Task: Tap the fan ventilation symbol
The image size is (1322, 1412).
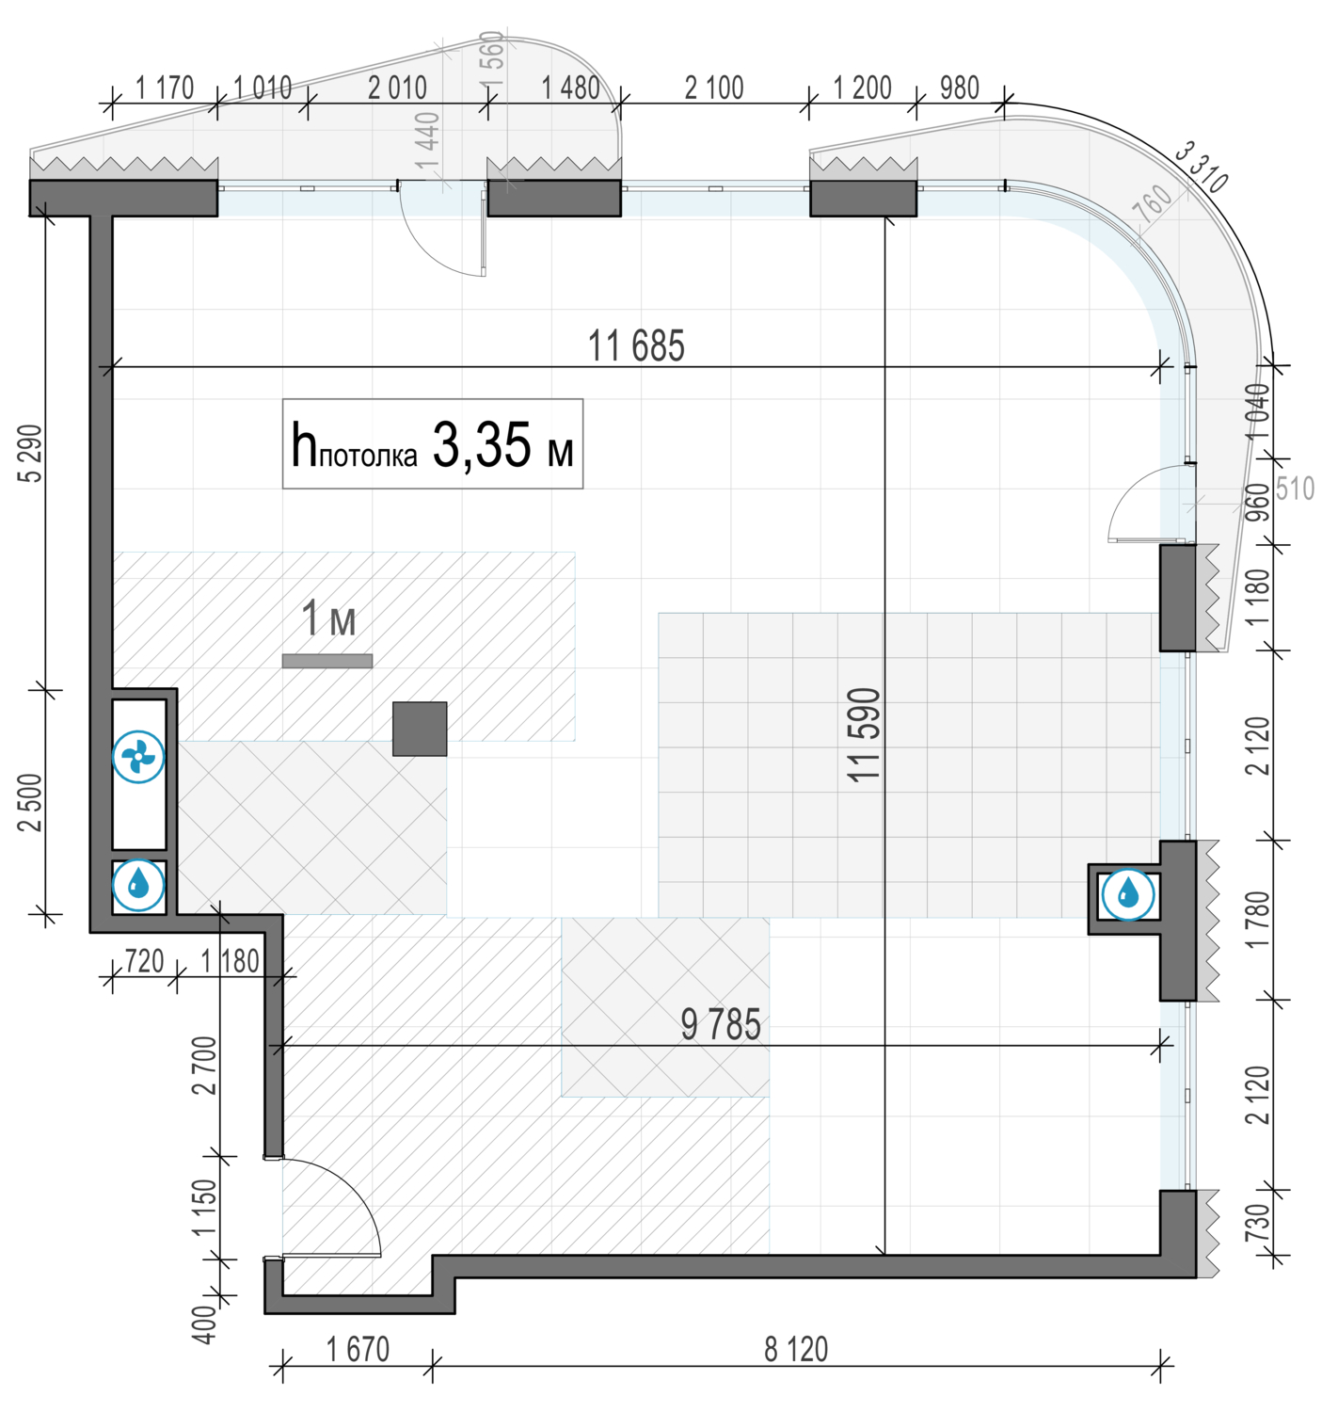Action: [138, 757]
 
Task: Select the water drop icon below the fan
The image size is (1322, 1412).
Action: [138, 885]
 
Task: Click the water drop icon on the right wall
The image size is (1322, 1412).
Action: [1127, 893]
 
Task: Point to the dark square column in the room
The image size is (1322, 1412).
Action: [420, 729]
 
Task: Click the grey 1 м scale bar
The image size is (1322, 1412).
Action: [327, 661]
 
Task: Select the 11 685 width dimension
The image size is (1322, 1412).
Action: [636, 346]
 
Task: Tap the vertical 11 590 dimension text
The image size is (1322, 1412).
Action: [864, 735]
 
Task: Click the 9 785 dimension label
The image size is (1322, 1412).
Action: [721, 1025]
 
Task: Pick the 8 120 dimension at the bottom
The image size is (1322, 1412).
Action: [796, 1350]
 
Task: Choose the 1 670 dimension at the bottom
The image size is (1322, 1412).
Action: [358, 1350]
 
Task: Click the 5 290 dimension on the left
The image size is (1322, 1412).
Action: [32, 454]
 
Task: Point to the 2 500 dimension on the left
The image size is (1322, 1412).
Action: [32, 802]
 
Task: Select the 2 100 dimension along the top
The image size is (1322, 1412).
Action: [714, 88]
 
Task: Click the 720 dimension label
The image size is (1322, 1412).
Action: [144, 961]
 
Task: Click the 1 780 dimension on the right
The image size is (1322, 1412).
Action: [1258, 920]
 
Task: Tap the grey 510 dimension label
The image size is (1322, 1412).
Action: [1295, 489]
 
